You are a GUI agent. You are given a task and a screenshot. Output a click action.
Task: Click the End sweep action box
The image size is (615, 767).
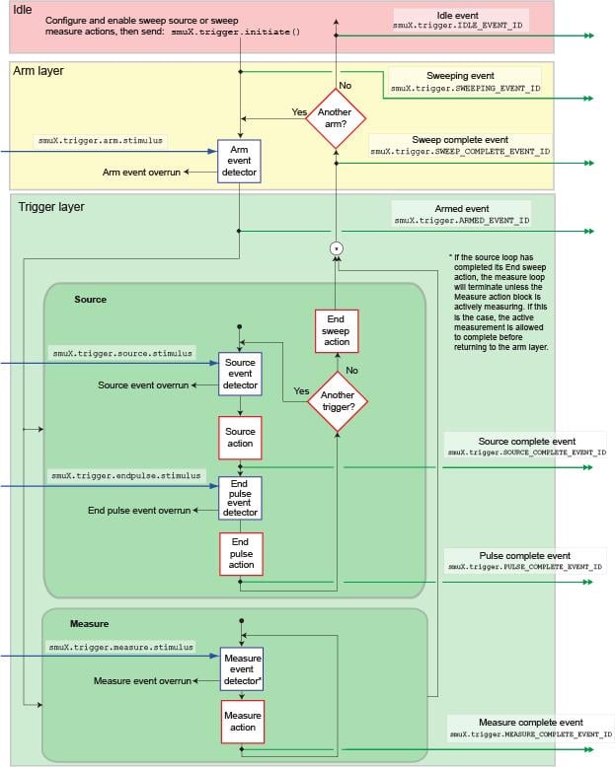(x=337, y=331)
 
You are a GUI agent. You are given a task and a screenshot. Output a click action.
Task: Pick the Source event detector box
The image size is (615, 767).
(x=240, y=373)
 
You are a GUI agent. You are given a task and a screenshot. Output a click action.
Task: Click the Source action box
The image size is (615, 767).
(x=240, y=438)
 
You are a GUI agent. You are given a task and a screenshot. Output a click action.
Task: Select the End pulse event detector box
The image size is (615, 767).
(x=240, y=499)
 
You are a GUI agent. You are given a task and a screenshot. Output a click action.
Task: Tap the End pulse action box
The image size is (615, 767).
(x=240, y=554)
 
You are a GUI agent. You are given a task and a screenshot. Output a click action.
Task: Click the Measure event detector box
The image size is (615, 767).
(x=242, y=669)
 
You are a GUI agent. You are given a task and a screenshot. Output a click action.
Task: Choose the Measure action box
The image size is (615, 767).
(x=242, y=722)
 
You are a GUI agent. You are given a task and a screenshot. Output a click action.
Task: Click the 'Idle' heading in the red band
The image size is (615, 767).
(x=22, y=9)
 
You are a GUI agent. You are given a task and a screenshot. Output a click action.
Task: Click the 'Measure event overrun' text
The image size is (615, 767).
(x=141, y=680)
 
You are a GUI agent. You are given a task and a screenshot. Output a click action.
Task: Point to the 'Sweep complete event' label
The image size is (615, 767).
(x=460, y=140)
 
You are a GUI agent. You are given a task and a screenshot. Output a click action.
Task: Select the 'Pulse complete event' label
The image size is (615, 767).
(x=523, y=555)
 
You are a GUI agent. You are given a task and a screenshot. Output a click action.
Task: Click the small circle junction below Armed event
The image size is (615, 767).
(x=337, y=247)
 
